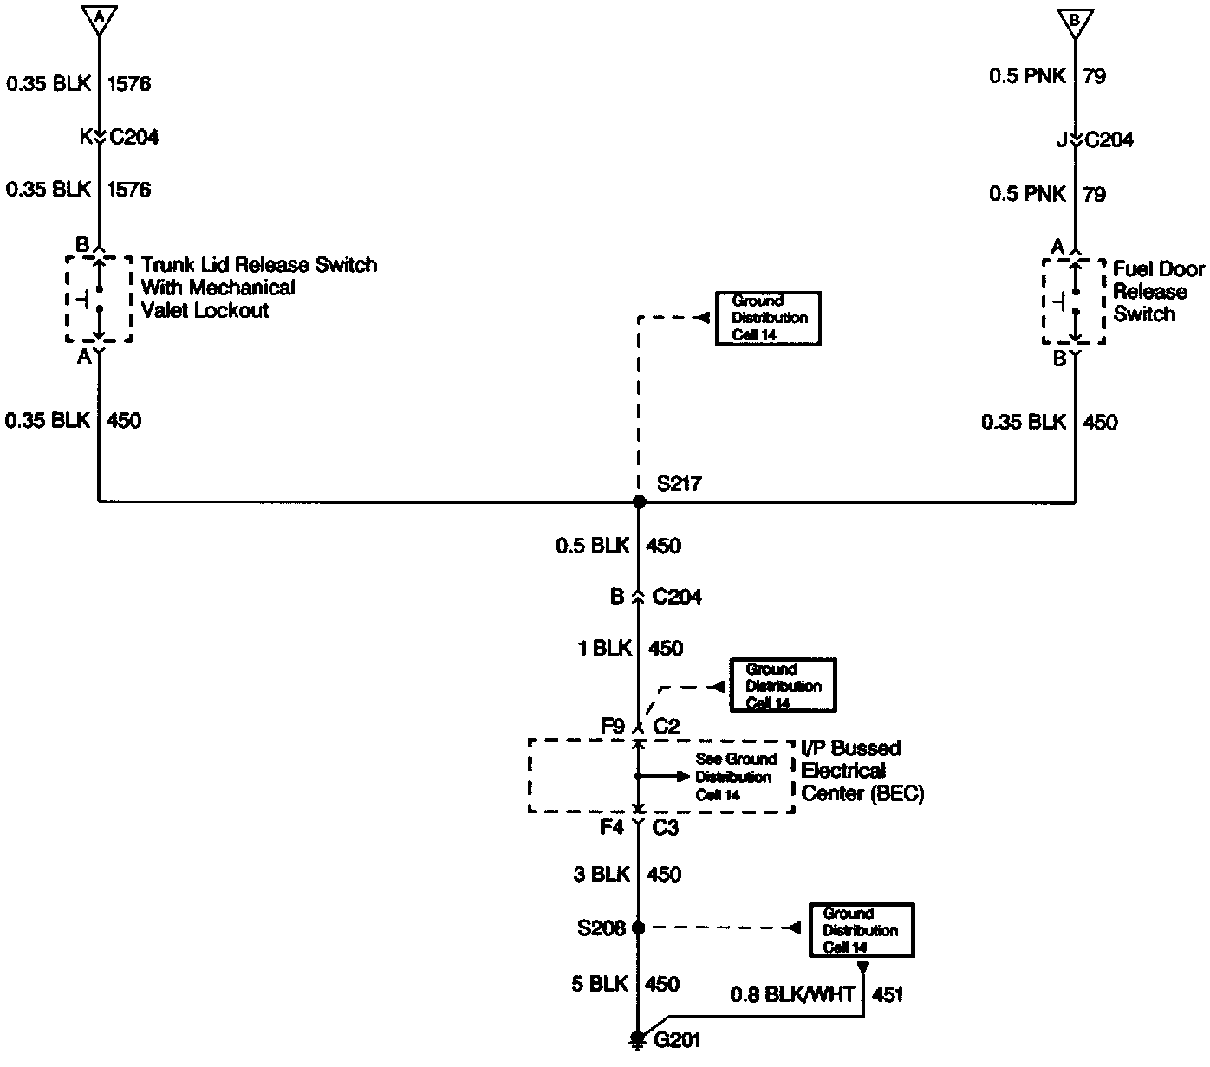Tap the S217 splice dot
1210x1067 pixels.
639,501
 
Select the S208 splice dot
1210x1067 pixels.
639,928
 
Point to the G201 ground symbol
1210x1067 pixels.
639,1038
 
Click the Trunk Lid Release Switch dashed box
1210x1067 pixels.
99,299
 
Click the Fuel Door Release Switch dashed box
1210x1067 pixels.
1074,301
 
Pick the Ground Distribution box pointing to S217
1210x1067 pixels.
767,318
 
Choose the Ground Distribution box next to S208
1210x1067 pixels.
861,930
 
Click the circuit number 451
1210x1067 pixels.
888,994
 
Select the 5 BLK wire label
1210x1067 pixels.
599,984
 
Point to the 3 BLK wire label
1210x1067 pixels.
602,874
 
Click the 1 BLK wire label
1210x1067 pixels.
605,648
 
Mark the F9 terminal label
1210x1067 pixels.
612,726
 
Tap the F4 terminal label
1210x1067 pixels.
612,828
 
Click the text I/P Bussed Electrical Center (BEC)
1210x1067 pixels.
862,771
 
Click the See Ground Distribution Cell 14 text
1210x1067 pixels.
735,777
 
